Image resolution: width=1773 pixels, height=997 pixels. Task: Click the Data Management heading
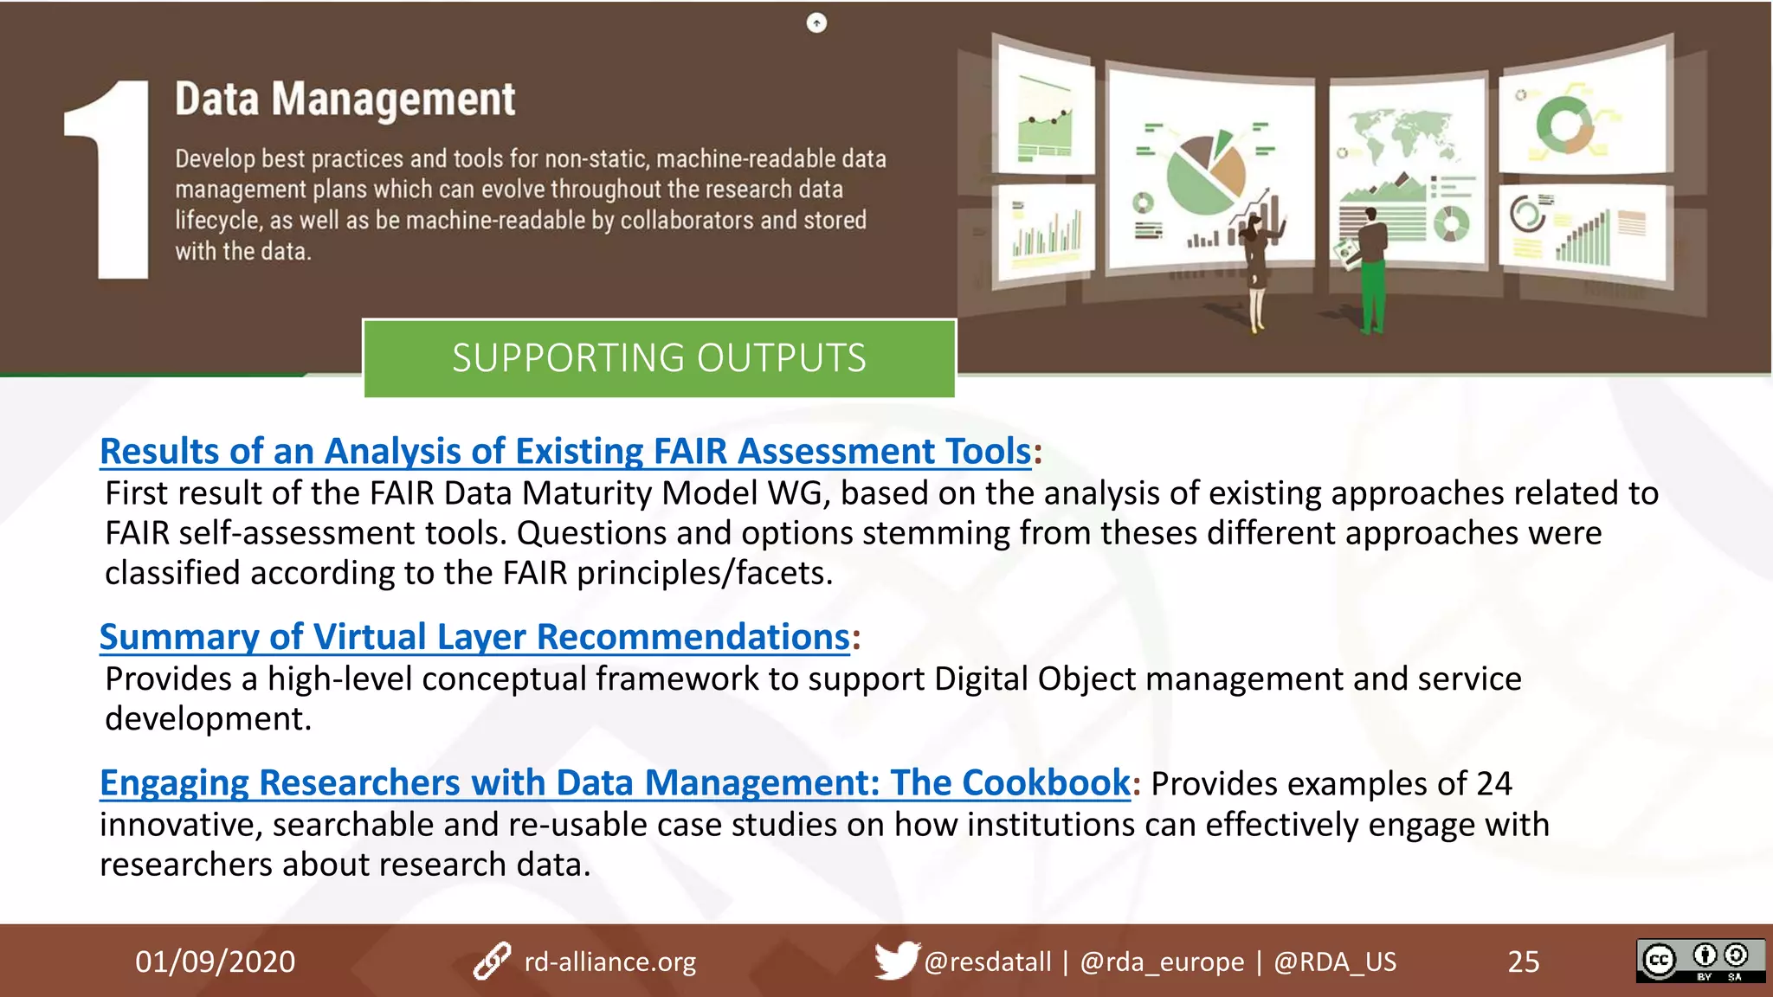[x=345, y=99]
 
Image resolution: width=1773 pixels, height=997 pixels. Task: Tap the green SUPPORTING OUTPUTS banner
[x=659, y=358]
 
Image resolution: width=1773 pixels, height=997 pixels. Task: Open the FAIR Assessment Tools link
[x=565, y=451]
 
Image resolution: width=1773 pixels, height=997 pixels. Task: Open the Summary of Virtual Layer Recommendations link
[x=474, y=637]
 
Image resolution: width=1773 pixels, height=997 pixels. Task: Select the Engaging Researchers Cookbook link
[x=615, y=782]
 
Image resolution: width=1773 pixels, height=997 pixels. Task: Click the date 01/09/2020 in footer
[x=215, y=962]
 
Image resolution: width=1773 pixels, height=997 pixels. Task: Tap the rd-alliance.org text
[x=609, y=962]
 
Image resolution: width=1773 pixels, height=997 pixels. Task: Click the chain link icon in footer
[x=492, y=962]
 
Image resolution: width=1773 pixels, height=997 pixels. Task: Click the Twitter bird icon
[x=895, y=960]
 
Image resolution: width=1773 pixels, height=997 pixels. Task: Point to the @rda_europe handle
[x=1161, y=962]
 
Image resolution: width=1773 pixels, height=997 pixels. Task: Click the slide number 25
[x=1523, y=962]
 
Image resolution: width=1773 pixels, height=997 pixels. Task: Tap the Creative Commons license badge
[x=1699, y=961]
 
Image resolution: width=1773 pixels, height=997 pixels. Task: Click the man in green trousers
[x=1372, y=268]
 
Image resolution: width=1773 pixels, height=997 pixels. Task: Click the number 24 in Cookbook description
[x=1493, y=783]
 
